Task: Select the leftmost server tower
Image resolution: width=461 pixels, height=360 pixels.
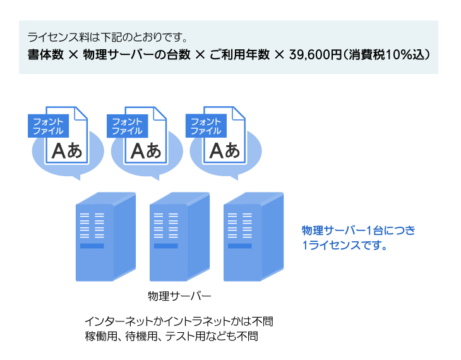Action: pos(105,237)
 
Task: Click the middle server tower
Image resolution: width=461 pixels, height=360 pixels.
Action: pos(179,237)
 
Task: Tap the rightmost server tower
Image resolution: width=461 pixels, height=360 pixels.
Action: pos(253,237)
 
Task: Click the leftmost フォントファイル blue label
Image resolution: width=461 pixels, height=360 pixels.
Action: pos(49,126)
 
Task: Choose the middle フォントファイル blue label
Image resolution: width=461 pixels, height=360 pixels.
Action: pos(128,126)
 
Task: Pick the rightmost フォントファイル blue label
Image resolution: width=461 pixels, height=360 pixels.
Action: pos(207,126)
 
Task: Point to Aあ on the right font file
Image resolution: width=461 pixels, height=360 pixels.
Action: pos(224,151)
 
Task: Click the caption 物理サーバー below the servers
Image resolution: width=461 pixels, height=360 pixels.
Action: pos(179,296)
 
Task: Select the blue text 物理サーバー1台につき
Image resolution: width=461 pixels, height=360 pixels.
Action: pos(359,230)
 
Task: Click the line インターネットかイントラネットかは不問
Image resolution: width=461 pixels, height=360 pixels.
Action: pos(179,320)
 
